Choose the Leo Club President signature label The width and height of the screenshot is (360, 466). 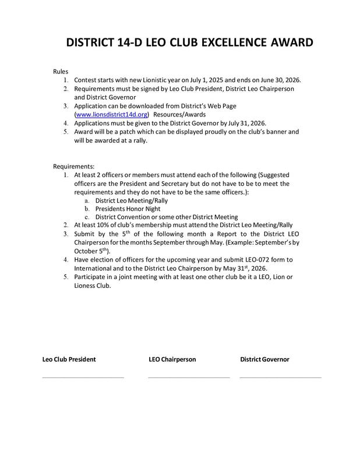click(x=69, y=359)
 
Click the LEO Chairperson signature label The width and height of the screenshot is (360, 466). click(x=172, y=359)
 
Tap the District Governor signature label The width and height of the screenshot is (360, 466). click(x=264, y=359)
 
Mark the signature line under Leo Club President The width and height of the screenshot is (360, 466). click(x=83, y=377)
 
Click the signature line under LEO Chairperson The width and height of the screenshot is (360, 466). click(x=189, y=377)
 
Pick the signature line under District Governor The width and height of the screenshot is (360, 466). click(x=280, y=377)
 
